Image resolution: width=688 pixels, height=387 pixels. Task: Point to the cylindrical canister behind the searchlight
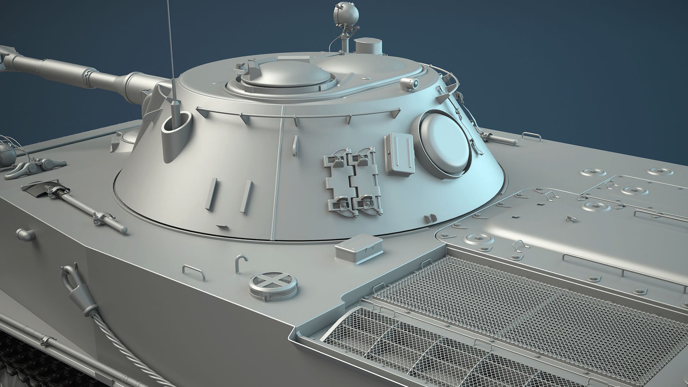click(368, 47)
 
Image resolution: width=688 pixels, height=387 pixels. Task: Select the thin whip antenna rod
click(170, 47)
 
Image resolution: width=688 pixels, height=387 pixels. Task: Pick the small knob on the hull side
click(25, 234)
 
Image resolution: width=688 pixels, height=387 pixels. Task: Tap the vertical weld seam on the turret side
click(277, 172)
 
